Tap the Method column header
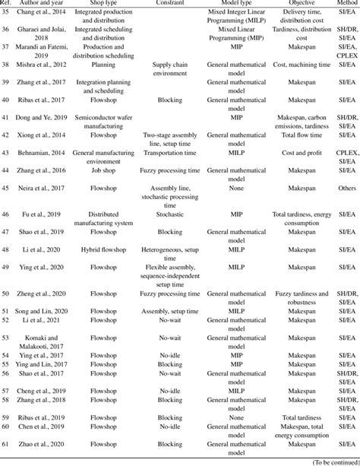pyautogui.click(x=343, y=4)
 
